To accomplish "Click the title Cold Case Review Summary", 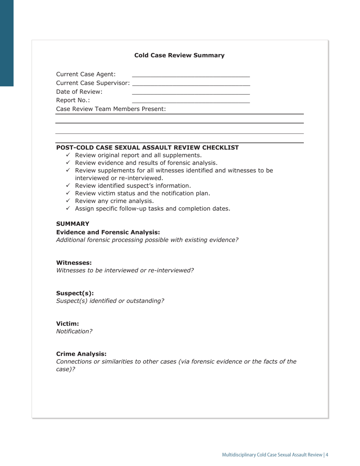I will [179, 55].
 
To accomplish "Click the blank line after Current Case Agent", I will [191, 76].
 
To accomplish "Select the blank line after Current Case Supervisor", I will [191, 84].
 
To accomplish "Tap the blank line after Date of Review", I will [191, 93].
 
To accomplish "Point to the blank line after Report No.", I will [191, 102].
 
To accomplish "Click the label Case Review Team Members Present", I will [111, 109].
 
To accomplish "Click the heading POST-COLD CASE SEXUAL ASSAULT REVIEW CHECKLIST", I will [147, 147].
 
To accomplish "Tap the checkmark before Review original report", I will [68, 155].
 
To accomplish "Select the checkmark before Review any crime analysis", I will [68, 200].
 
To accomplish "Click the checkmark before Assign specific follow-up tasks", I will [68, 208].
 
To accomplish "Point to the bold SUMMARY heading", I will [73, 224].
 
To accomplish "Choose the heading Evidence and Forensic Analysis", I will [108, 232].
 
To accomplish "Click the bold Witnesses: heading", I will [74, 263].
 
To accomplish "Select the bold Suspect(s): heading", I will [75, 293].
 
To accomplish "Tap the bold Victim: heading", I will [67, 324].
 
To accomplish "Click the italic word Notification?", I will [74, 331].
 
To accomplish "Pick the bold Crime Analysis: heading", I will [81, 354].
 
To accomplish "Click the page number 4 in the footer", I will [327, 455].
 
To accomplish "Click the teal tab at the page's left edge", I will [6, 43].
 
